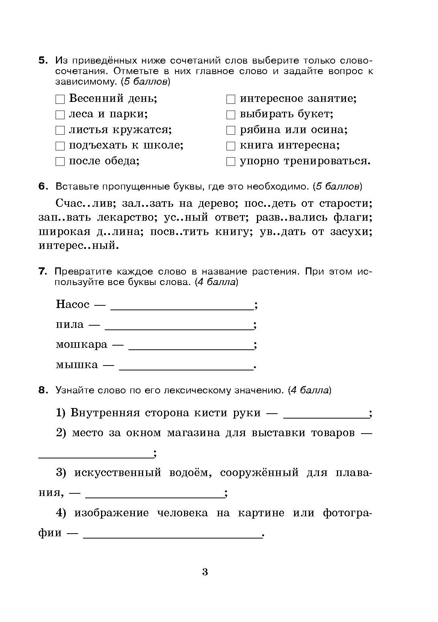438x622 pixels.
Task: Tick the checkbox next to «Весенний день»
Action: (x=60, y=99)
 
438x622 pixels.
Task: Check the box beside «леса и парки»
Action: (x=60, y=115)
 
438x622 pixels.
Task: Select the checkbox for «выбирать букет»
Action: (x=231, y=115)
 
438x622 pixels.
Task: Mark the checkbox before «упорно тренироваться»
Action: (x=231, y=162)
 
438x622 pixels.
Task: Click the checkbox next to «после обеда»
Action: (x=60, y=162)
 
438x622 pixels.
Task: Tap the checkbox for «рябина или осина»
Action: (x=231, y=130)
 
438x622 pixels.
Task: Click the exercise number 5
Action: (x=43, y=61)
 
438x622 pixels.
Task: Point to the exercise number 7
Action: (x=42, y=272)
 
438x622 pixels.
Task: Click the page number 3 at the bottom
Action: (x=205, y=572)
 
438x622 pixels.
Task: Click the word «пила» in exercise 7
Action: (x=70, y=325)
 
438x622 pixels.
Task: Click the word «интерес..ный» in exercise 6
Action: (x=79, y=246)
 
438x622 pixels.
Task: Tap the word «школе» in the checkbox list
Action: (x=167, y=146)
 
